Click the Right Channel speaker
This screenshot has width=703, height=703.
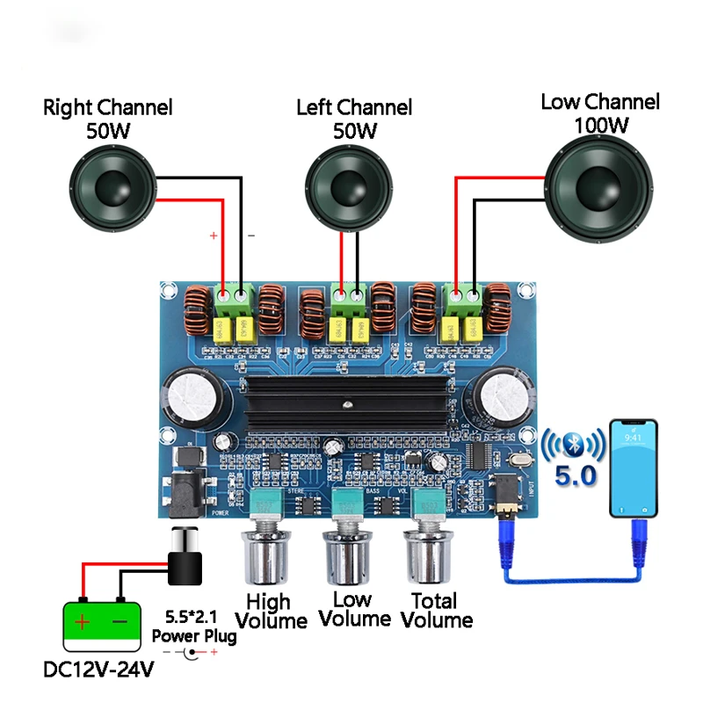113,187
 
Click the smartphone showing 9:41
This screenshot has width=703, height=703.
634,468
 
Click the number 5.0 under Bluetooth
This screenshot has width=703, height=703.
576,477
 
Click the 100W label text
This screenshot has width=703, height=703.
601,125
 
